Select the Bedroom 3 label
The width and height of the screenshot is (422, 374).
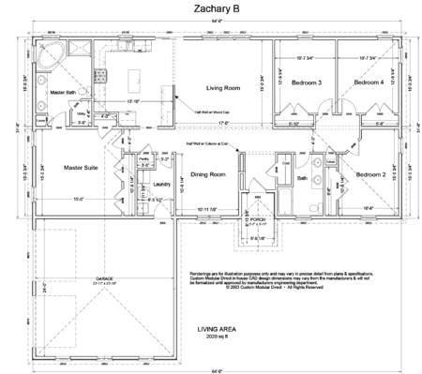pos(307,83)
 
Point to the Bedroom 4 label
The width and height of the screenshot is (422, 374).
pos(368,83)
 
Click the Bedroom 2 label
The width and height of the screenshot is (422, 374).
pos(371,174)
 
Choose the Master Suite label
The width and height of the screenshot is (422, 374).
pos(82,168)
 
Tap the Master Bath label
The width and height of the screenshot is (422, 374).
pos(64,93)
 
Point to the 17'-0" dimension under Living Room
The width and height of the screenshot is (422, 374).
pos(223,122)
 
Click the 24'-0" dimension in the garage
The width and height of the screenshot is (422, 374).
pos(40,288)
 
